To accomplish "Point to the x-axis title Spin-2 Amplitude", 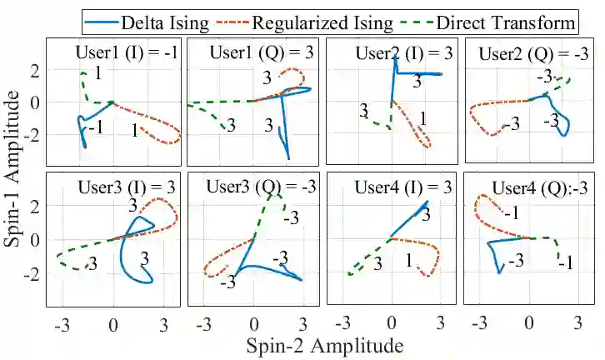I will pyautogui.click(x=312, y=344).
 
